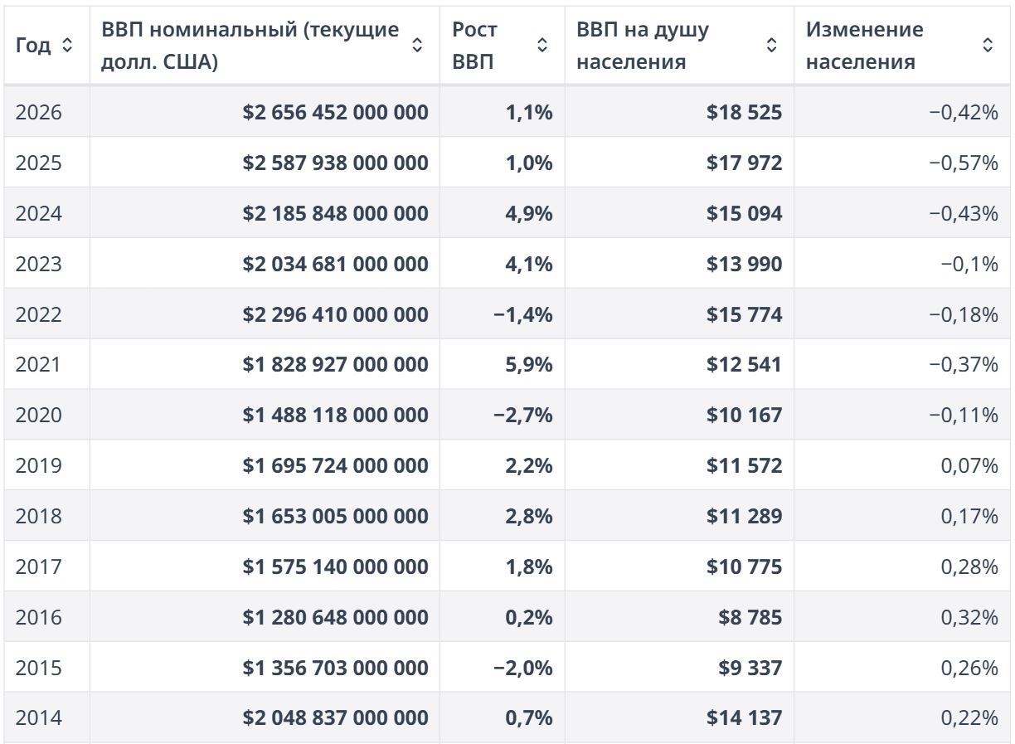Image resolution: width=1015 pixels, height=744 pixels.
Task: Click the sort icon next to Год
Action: (x=67, y=45)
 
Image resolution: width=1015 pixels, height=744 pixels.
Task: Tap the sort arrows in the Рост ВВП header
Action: (x=542, y=45)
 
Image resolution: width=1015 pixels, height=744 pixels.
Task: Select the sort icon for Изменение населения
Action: (x=988, y=45)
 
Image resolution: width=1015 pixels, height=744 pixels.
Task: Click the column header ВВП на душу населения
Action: (x=643, y=46)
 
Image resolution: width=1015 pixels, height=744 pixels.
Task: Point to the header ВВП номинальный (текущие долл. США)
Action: (x=250, y=46)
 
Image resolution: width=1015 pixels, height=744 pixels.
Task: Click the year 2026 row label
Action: (x=38, y=112)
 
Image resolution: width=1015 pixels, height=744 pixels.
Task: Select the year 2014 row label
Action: (x=38, y=717)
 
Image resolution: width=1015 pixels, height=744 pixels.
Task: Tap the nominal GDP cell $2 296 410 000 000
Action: (x=335, y=314)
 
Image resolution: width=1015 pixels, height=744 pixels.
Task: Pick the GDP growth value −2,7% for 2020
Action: (x=523, y=415)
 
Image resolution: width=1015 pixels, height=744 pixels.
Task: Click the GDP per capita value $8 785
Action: (x=750, y=617)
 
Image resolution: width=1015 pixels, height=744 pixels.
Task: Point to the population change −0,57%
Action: (x=964, y=163)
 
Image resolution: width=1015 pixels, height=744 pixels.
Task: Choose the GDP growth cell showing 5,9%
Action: (x=529, y=365)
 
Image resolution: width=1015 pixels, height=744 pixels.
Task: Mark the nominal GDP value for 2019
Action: (x=335, y=466)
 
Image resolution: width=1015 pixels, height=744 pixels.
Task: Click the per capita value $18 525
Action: (x=744, y=112)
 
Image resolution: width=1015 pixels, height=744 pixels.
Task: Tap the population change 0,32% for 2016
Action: (x=969, y=617)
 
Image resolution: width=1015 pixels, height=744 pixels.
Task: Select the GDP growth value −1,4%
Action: (x=523, y=314)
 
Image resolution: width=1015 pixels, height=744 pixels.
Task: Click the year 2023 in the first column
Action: (x=38, y=264)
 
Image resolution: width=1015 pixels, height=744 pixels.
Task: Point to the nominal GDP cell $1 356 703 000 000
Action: (x=335, y=668)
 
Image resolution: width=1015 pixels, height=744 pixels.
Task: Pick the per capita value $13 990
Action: (x=744, y=264)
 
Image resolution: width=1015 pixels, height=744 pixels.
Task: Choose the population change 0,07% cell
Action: (x=969, y=466)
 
